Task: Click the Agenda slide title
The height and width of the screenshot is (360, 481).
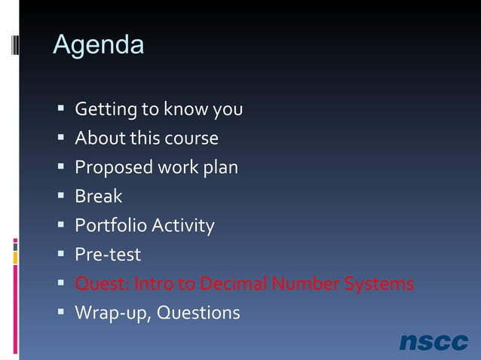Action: click(x=98, y=45)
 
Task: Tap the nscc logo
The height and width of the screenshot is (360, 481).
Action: click(x=434, y=342)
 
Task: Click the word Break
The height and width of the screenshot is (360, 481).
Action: click(x=98, y=197)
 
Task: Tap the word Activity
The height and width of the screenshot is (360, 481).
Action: click(x=183, y=226)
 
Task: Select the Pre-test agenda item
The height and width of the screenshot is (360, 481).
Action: click(x=107, y=255)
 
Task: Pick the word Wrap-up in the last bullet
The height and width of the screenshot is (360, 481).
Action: click(x=114, y=313)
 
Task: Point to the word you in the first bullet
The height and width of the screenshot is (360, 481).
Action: click(x=227, y=111)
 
